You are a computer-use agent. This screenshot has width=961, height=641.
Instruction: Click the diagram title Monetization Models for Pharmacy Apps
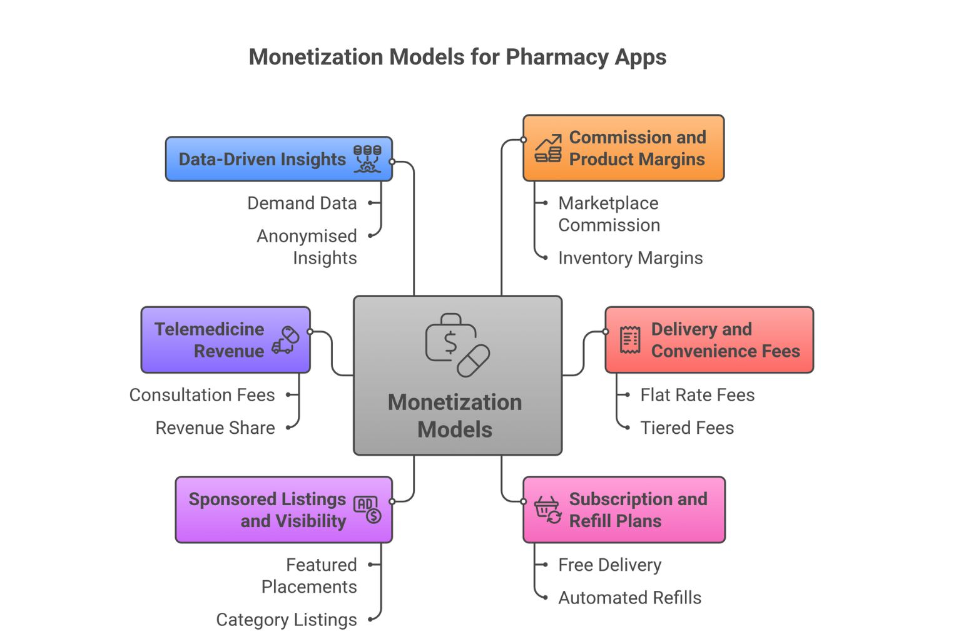pyautogui.click(x=457, y=57)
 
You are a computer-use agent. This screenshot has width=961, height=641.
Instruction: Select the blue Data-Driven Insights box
pyautogui.click(x=278, y=159)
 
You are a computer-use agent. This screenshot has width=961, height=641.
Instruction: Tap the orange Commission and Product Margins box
pyautogui.click(x=623, y=148)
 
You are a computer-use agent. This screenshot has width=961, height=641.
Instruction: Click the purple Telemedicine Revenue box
pyautogui.click(x=225, y=340)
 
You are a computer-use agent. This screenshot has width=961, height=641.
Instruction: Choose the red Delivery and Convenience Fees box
pyautogui.click(x=709, y=340)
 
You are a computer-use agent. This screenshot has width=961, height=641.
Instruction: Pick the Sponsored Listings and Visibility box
pyautogui.click(x=283, y=510)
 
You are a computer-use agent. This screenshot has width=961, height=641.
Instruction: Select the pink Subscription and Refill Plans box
pyautogui.click(x=624, y=510)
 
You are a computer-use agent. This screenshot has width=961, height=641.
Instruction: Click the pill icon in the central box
pyautogui.click(x=474, y=361)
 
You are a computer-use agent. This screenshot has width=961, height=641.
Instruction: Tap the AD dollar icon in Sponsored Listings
pyautogui.click(x=367, y=509)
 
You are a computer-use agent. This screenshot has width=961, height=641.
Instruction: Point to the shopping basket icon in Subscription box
pyautogui.click(x=547, y=510)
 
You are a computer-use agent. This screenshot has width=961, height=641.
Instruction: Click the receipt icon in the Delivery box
pyautogui.click(x=629, y=340)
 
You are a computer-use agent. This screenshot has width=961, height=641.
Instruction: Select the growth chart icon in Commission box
pyautogui.click(x=547, y=148)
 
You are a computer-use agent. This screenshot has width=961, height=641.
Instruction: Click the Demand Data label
pyautogui.click(x=302, y=203)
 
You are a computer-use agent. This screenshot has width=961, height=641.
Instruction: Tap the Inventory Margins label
pyautogui.click(x=630, y=258)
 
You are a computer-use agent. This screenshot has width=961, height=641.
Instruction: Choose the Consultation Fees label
pyautogui.click(x=202, y=395)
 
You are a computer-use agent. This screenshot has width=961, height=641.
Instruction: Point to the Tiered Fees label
pyautogui.click(x=687, y=428)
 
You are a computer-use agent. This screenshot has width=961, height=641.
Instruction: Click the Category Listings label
pyautogui.click(x=287, y=620)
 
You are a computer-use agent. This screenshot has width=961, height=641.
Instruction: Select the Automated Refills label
pyautogui.click(x=629, y=598)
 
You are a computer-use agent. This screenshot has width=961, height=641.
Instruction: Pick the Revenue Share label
pyautogui.click(x=215, y=428)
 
